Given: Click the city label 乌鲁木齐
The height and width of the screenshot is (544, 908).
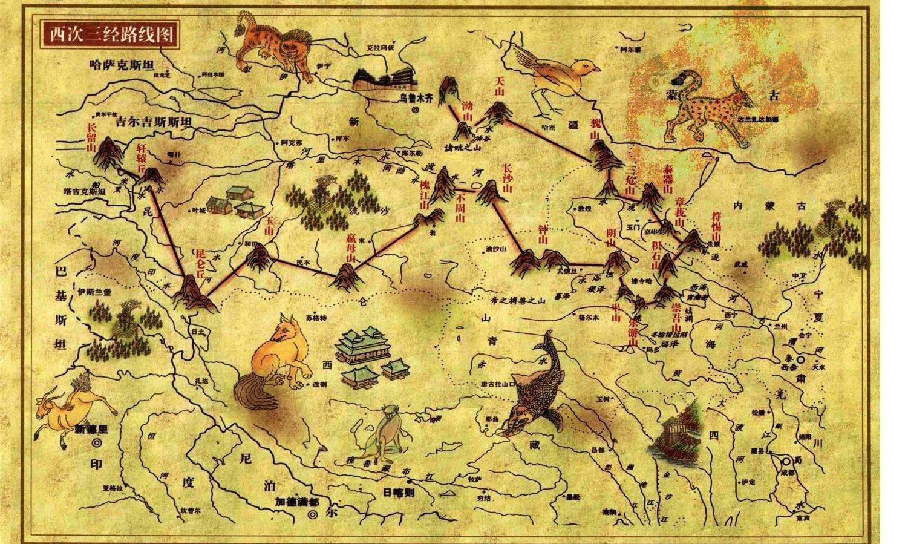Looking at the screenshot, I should coord(415,97).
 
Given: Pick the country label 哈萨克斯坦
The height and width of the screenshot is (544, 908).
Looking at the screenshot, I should coord(122,63).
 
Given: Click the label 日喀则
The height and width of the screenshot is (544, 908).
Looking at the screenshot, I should coord(397,491).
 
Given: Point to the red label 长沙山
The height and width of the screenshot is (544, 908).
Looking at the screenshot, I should coord(508,177).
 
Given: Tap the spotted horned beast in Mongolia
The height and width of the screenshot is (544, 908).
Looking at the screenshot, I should coord(708,112).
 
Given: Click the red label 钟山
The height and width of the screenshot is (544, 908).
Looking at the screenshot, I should coord(542,235).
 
